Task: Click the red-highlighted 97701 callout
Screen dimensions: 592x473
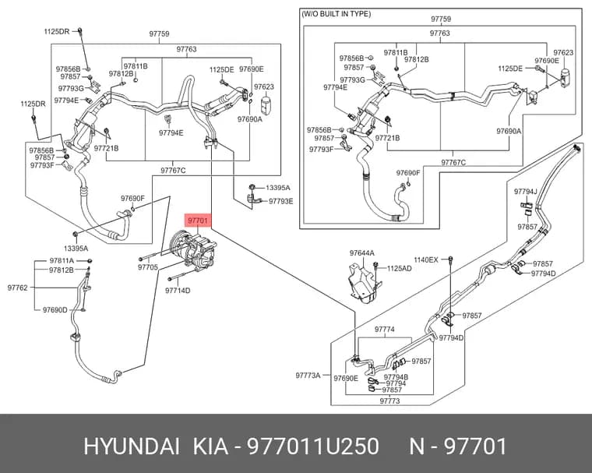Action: pos(198,221)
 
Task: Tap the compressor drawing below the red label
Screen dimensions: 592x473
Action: pos(192,249)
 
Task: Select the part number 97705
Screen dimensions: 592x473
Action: pos(148,267)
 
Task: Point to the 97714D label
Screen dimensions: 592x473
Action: pos(178,291)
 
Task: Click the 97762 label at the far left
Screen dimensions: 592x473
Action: pos(17,288)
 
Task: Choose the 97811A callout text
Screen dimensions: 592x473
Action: pos(62,261)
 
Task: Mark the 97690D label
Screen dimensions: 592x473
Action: pos(55,310)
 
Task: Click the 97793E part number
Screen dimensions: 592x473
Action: pos(281,201)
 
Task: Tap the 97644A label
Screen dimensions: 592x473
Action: pos(361,253)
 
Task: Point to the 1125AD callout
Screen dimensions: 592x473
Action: pos(400,269)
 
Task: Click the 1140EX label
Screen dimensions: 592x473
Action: pos(426,260)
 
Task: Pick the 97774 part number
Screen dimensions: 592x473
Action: pos(385,330)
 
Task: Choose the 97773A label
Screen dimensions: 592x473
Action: pos(308,376)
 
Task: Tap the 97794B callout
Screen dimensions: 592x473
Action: pos(396,377)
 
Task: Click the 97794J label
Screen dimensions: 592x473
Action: pos(525,192)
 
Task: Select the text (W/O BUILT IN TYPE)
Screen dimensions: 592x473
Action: pos(336,14)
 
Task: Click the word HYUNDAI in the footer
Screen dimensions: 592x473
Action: pos(132,447)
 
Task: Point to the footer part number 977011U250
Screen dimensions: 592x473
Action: pos(312,447)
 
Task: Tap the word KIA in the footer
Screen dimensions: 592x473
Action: pos(211,447)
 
